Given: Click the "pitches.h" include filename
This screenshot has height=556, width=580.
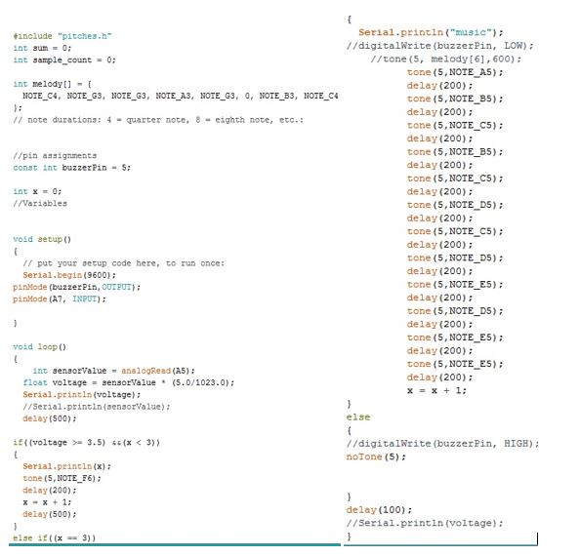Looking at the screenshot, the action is [84, 36].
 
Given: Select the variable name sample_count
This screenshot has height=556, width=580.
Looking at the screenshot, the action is [62, 60].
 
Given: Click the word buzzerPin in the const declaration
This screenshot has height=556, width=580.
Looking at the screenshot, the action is [84, 168].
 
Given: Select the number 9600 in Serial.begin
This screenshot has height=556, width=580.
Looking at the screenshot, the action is [98, 275].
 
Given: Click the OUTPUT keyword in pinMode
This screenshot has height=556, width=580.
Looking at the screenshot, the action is [116, 287].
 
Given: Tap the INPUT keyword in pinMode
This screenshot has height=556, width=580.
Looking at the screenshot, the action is [84, 298].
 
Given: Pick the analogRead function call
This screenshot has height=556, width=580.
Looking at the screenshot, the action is [146, 371].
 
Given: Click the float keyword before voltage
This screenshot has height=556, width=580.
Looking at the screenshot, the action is [35, 382].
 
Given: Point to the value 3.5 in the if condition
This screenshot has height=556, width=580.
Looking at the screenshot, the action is [95, 443].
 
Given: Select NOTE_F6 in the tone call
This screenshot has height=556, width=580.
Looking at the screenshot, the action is [74, 478].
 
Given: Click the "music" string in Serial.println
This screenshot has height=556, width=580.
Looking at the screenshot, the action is [470, 32].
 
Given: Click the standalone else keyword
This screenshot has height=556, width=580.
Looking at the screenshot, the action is [358, 417].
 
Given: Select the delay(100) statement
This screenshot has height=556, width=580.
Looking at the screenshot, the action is [379, 510].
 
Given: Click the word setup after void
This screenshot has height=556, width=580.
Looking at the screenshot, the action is [50, 239].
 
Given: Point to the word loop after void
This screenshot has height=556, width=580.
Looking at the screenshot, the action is [47, 347].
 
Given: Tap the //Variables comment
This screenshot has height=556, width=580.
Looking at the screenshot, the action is [40, 204].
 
